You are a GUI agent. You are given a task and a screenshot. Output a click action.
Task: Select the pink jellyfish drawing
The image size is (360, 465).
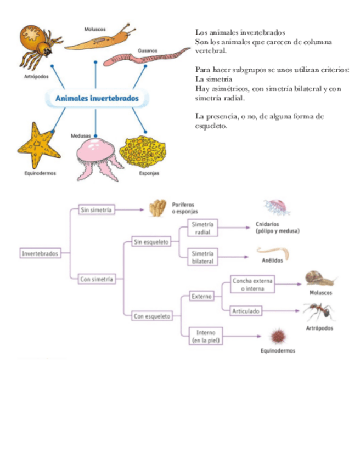click(x=97, y=157)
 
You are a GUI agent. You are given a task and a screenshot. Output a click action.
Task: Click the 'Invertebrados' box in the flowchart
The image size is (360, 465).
click(x=39, y=254)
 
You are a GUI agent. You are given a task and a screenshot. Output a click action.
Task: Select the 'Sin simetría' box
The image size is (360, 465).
click(x=97, y=210)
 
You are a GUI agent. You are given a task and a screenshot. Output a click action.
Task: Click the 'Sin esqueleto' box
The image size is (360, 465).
click(x=151, y=241)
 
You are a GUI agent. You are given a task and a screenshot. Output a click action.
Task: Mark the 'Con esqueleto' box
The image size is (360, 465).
click(x=152, y=316)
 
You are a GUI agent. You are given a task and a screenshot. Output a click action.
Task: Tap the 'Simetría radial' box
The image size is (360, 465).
click(x=203, y=228)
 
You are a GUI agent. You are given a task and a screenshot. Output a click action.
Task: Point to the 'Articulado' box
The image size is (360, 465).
click(x=245, y=311)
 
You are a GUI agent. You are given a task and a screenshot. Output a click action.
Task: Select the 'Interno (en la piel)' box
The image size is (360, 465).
click(x=203, y=336)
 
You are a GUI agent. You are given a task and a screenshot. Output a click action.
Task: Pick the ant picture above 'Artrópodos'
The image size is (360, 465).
click(x=318, y=312)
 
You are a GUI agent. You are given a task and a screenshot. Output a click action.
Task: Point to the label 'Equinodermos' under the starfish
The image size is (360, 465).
click(x=40, y=173)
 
